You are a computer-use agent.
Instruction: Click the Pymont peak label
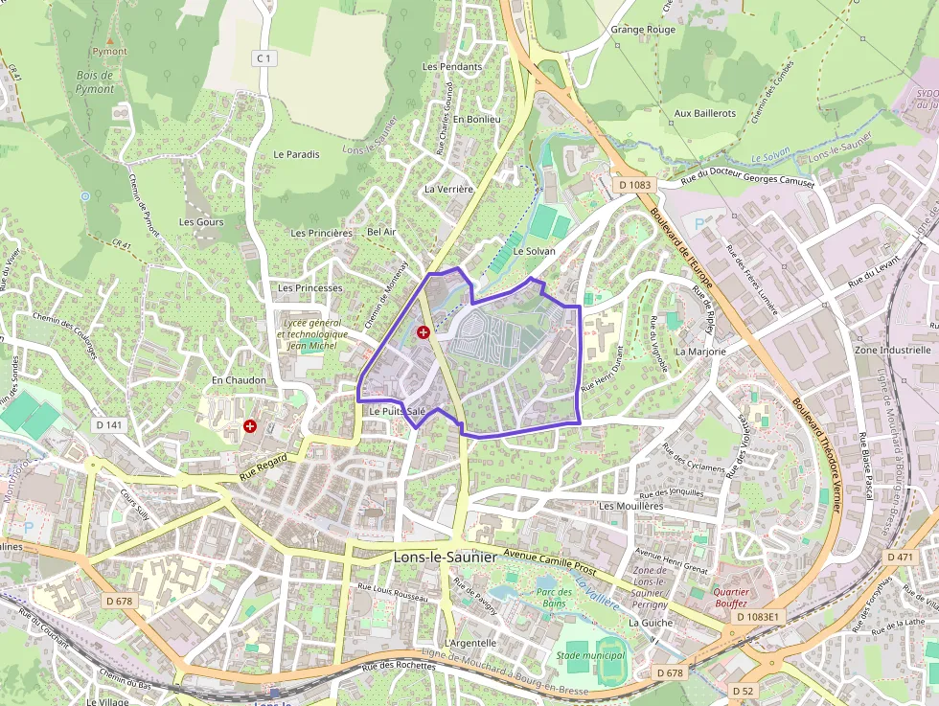coord(109,52)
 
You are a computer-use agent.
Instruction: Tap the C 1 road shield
coord(263,58)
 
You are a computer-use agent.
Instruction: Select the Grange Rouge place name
coord(643,30)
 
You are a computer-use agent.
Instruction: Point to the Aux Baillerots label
coord(704,113)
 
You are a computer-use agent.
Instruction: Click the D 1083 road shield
coord(634,185)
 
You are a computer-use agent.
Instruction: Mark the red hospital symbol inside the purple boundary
coord(424,331)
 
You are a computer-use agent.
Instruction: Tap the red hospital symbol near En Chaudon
coord(250,424)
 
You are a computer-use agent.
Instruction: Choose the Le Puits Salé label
coord(397,411)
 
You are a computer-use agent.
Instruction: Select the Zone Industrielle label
coord(892,351)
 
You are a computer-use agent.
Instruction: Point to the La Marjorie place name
coord(700,352)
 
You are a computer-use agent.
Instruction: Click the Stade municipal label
coord(586,655)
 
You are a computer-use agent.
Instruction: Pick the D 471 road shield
coord(901,558)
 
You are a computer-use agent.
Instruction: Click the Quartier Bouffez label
coord(732,598)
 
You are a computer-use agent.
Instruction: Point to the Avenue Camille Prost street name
coord(563,562)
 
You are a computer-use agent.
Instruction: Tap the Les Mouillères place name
coord(630,505)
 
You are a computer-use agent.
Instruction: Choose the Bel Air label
coord(381,232)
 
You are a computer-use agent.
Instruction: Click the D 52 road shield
coord(743,691)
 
